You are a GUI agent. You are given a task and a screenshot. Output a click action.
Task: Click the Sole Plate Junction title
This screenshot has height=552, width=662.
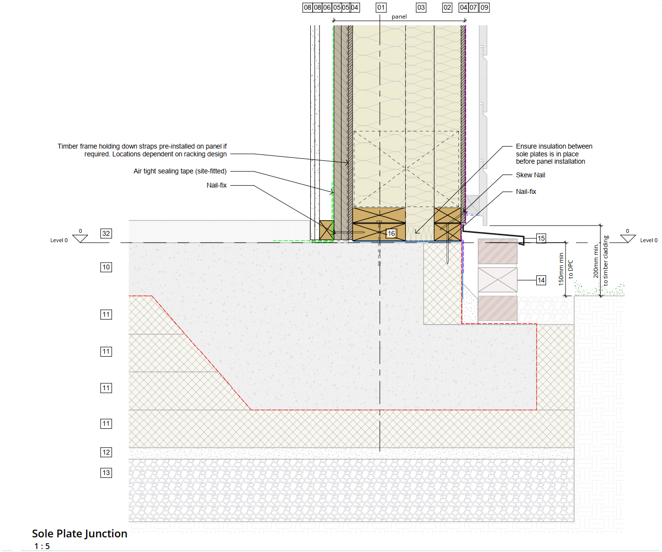click(x=79, y=533)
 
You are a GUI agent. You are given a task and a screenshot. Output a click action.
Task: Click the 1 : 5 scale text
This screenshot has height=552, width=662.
click(x=42, y=546)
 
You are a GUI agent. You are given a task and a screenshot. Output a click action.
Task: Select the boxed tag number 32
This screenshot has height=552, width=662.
click(x=106, y=233)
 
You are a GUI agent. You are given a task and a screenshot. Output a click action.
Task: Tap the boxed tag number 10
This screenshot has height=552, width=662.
click(x=106, y=267)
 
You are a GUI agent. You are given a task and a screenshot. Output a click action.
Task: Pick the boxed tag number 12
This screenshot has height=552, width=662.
click(x=106, y=452)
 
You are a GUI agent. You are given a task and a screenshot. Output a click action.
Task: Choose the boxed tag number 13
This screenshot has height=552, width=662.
click(x=106, y=473)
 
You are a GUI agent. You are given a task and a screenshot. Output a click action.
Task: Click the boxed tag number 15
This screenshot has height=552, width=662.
click(x=541, y=238)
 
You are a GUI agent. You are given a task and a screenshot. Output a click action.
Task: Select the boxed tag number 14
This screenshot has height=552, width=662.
click(x=541, y=280)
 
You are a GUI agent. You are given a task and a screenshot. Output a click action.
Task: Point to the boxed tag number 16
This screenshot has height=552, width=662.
click(x=391, y=233)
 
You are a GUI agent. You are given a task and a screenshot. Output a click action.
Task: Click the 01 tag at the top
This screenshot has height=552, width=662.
click(x=381, y=7)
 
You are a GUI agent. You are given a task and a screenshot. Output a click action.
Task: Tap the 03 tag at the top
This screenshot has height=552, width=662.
click(x=421, y=7)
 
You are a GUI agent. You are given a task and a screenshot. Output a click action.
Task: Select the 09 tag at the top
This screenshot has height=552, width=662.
click(x=484, y=7)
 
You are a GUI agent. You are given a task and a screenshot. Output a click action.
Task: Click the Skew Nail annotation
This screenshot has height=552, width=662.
click(x=530, y=175)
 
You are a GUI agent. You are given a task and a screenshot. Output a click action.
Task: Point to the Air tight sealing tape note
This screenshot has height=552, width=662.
click(x=180, y=171)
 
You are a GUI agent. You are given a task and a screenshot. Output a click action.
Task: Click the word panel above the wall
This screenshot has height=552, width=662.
click(x=399, y=17)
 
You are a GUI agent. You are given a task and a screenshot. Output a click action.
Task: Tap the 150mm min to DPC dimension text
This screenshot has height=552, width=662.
click(x=566, y=268)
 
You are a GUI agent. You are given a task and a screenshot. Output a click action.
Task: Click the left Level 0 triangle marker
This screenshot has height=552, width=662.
click(x=80, y=238)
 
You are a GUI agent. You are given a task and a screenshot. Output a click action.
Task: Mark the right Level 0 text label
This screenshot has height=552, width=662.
click(x=648, y=240)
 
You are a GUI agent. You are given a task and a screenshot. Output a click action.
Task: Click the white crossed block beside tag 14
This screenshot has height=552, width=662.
click(x=497, y=280)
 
